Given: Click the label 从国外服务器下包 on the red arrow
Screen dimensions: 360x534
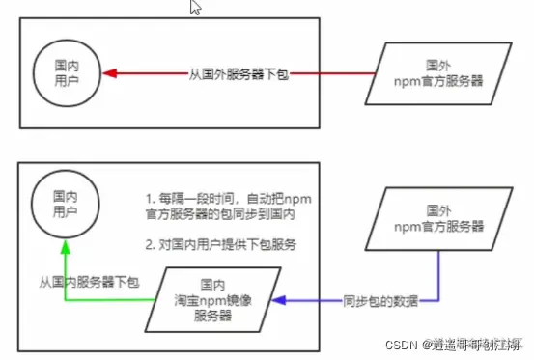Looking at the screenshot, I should pyautogui.click(x=239, y=72).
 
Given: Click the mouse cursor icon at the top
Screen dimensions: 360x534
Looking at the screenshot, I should pyautogui.click(x=196, y=8).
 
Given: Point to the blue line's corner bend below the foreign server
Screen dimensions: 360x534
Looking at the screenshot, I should pyautogui.click(x=441, y=300).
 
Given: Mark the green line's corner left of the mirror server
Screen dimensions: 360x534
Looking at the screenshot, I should pyautogui.click(x=65, y=300).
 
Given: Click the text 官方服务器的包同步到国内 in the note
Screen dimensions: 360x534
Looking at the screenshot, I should pyautogui.click(x=211, y=211).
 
